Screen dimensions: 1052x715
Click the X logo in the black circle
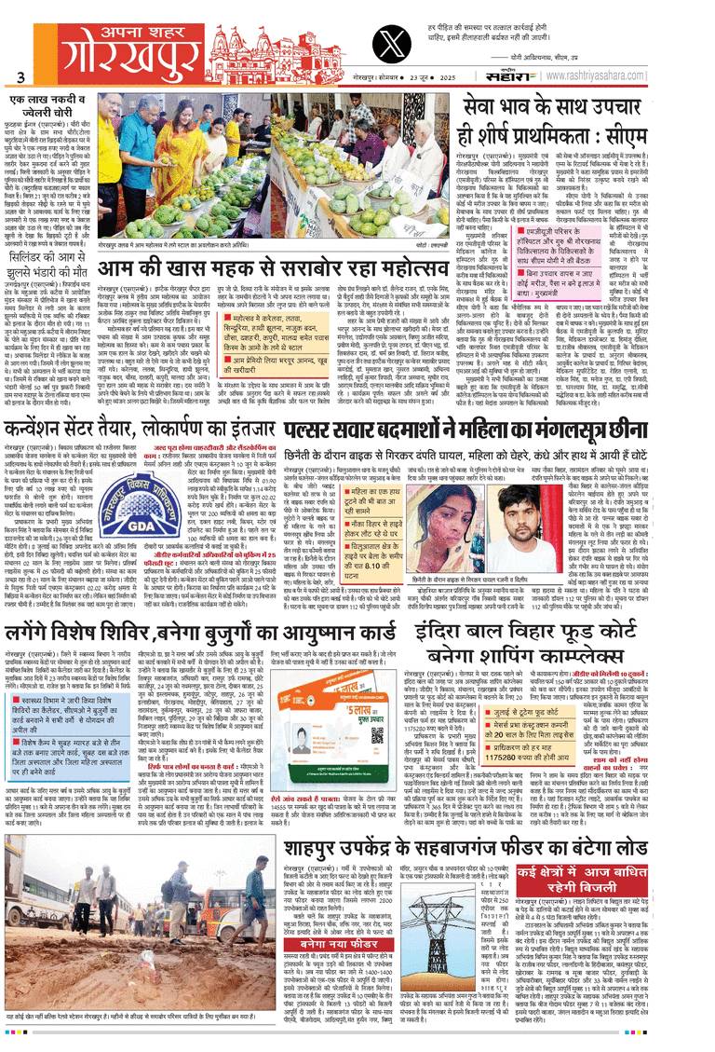[x=386, y=44]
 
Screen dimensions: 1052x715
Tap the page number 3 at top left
[x=20, y=77]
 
